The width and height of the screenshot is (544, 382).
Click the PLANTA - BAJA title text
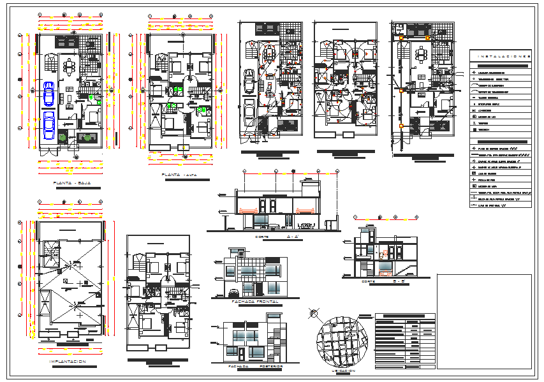(x=72, y=183)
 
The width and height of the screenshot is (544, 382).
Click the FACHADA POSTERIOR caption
(x=251, y=367)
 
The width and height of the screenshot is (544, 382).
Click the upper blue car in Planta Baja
(x=48, y=93)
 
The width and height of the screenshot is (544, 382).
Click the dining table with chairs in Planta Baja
(x=70, y=66)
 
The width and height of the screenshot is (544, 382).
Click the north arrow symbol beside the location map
(x=313, y=312)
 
